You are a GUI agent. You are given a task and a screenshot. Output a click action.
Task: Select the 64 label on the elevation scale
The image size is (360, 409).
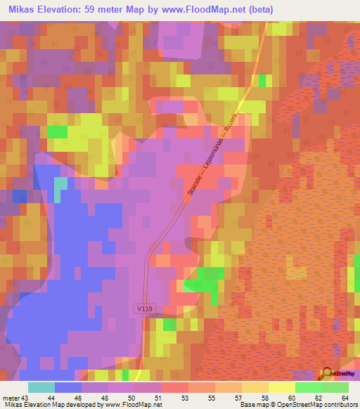345,397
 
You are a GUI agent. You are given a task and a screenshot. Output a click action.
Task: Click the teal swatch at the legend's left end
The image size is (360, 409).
41,387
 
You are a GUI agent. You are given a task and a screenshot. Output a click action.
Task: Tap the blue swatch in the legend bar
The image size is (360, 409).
68,387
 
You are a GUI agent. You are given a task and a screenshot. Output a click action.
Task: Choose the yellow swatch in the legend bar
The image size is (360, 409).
281,387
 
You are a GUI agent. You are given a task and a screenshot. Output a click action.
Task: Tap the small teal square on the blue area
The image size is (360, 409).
61,185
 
